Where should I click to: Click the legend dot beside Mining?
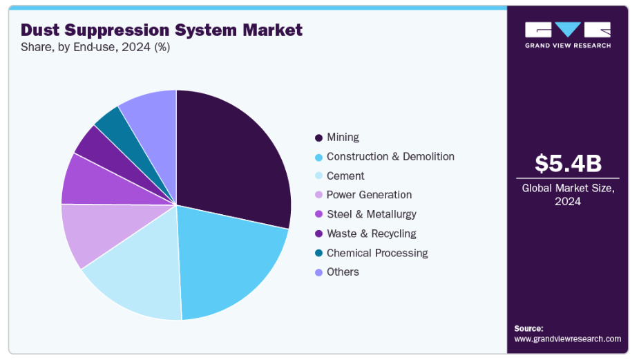point(318,138)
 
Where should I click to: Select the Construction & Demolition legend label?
point(390,157)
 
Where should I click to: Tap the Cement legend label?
point(345,176)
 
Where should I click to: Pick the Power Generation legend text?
point(369,195)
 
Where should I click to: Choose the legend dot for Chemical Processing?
point(318,254)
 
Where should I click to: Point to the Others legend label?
point(343,272)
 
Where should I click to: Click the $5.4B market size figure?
point(568,164)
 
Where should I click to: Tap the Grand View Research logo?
point(567,35)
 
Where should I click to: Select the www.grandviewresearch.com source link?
point(567,339)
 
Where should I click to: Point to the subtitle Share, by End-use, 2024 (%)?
point(95,48)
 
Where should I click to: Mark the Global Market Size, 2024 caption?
point(567,194)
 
